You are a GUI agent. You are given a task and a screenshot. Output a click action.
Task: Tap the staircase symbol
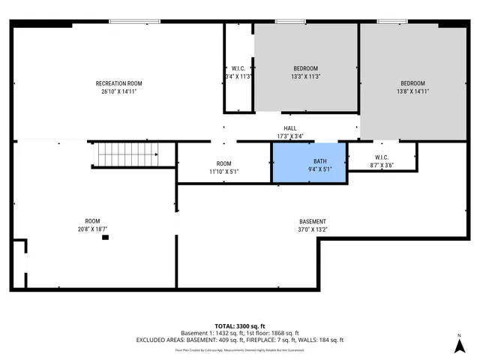click(127, 155)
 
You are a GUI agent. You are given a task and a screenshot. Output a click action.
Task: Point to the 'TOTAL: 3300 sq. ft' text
click(240, 325)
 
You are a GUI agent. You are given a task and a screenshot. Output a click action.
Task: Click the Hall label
click(290, 128)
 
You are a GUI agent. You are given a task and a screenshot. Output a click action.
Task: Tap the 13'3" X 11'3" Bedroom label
click(305, 72)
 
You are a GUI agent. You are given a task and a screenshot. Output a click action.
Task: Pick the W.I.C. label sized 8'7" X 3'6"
click(381, 161)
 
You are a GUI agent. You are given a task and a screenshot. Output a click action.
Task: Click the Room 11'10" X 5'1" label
click(223, 167)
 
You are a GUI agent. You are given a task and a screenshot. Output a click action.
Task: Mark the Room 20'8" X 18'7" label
click(92, 225)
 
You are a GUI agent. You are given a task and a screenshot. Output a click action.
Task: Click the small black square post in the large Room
click(105, 238)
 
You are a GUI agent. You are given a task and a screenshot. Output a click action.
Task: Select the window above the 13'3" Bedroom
click(285, 22)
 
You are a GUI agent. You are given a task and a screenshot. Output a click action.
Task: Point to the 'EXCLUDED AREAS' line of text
click(240, 340)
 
